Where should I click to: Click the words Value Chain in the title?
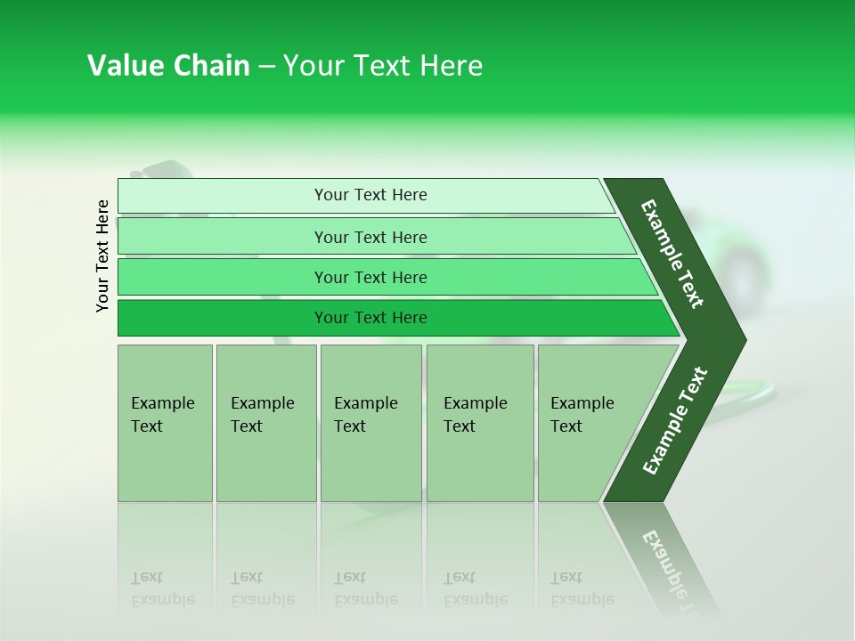pyautogui.click(x=168, y=66)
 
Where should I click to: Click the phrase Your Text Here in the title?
pyautogui.click(x=383, y=66)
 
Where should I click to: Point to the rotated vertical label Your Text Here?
pyautogui.click(x=102, y=256)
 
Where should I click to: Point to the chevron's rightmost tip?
pyautogui.click(x=741, y=339)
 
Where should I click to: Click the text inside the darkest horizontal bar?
pyautogui.click(x=370, y=318)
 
